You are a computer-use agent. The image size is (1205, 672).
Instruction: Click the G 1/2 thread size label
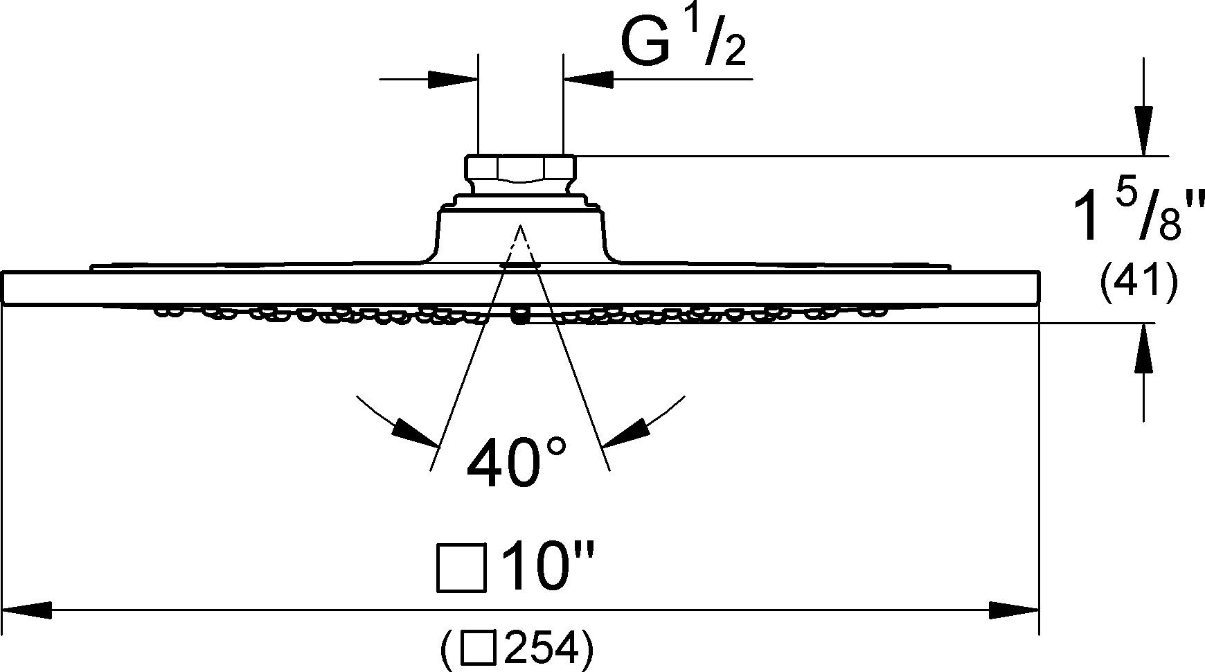coord(683,43)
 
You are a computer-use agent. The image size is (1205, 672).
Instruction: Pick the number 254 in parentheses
coord(541,649)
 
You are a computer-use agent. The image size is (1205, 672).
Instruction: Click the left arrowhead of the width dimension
coord(28,610)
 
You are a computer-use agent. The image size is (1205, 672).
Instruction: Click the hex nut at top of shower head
coord(520,168)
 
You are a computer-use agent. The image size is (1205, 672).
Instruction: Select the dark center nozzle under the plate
coord(518,317)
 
